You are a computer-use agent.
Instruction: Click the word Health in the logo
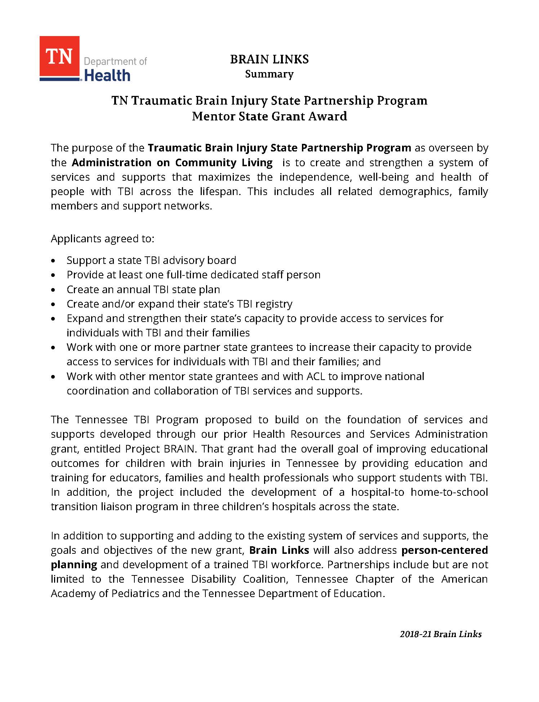pos(107,75)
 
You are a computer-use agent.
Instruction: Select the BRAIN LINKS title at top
pos(269,59)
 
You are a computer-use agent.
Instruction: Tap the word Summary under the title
pos(269,74)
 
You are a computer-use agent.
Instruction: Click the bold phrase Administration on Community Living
pos(172,163)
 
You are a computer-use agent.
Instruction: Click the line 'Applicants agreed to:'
pos(103,239)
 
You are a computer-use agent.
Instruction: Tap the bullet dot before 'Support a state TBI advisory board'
pos(54,261)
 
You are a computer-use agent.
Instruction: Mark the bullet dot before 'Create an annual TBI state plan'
pos(54,290)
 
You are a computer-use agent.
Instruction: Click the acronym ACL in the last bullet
pos(316,376)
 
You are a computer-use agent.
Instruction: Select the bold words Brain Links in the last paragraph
pos(279,550)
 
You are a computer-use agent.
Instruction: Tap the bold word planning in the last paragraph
pos(74,565)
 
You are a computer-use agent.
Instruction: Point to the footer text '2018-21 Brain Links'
pos(440,634)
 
